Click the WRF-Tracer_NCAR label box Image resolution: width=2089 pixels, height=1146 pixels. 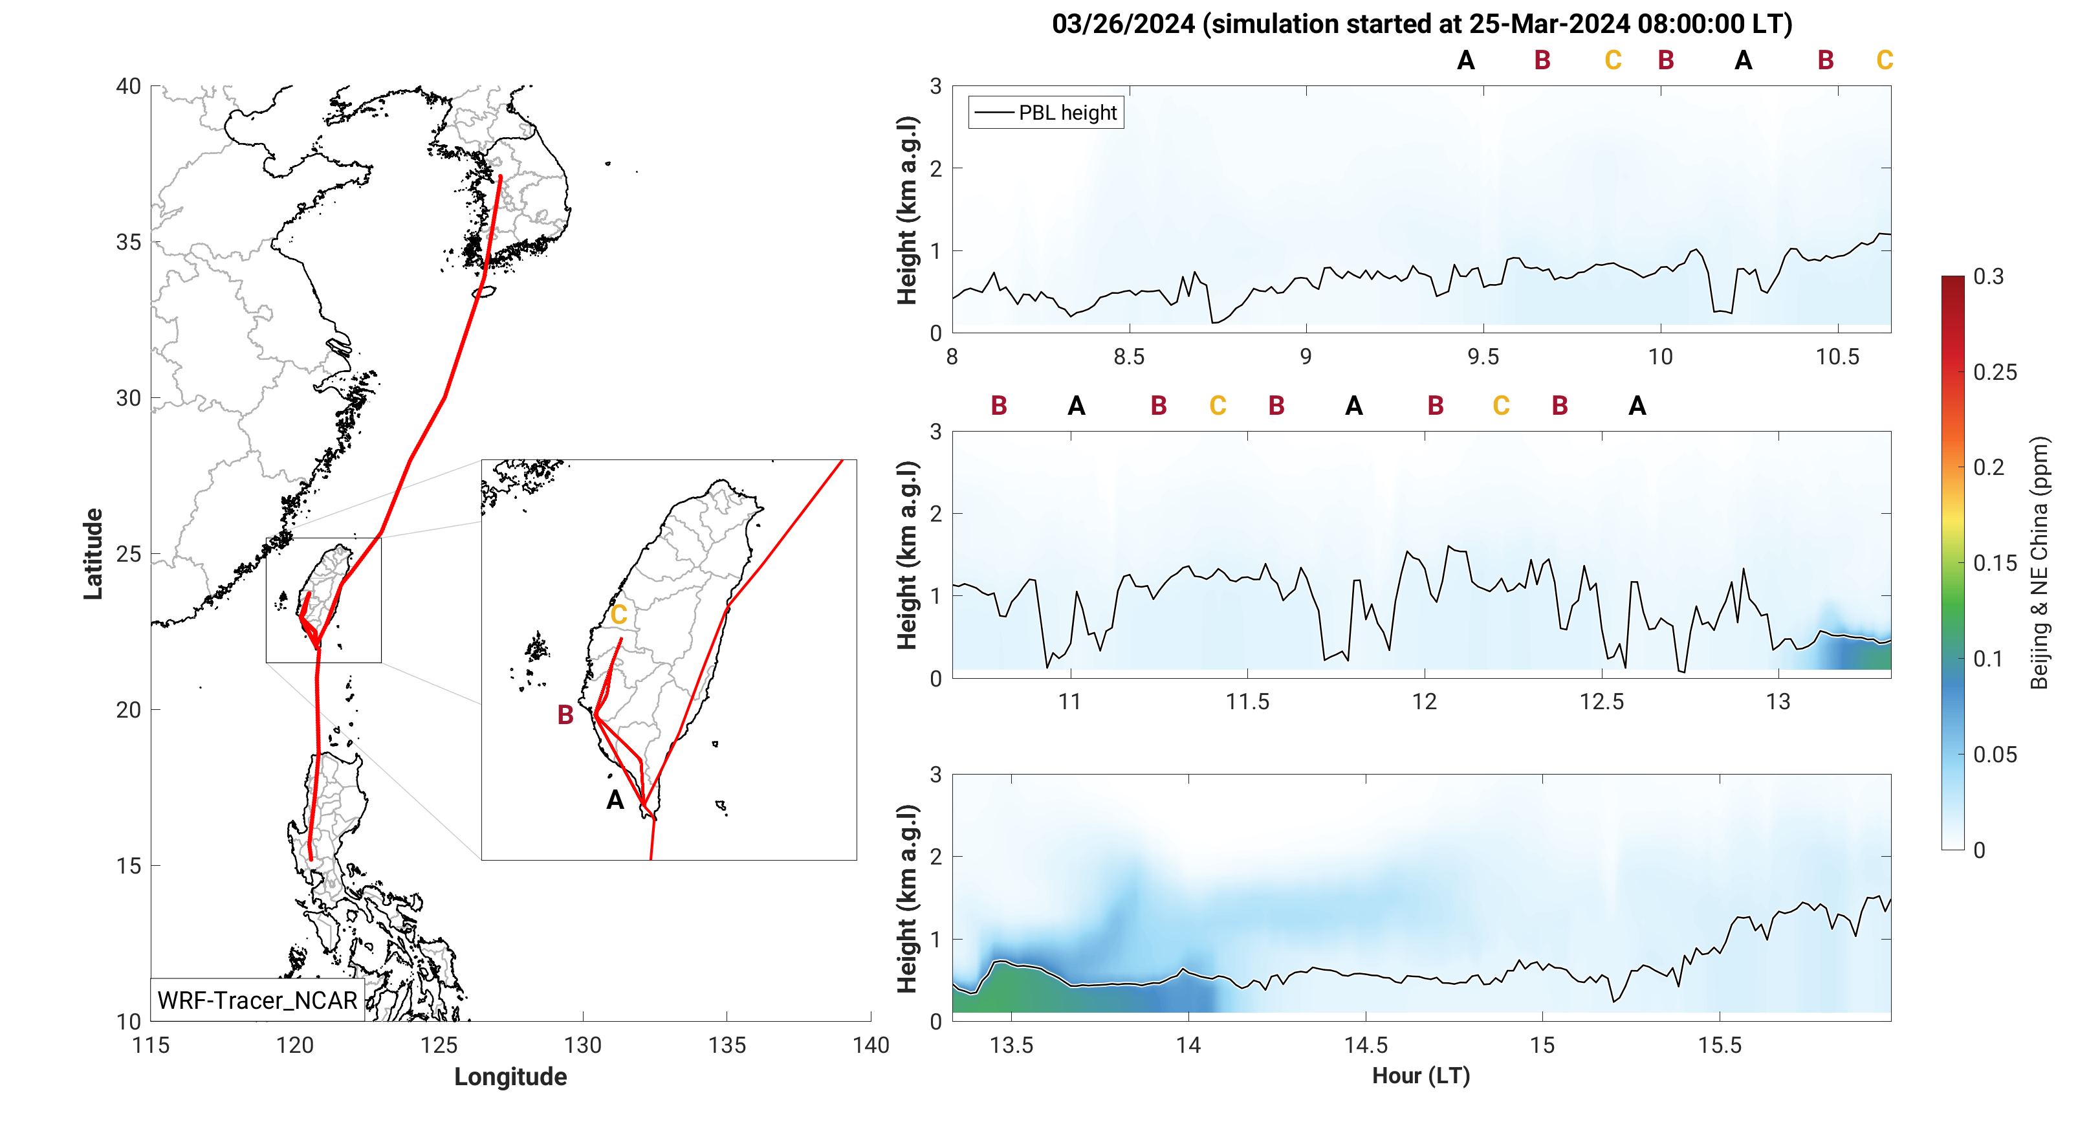coord(257,1000)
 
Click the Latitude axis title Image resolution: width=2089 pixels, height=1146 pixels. coord(93,554)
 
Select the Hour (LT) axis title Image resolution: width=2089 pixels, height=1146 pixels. coord(1421,1075)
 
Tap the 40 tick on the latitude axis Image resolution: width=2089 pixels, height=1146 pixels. coord(128,87)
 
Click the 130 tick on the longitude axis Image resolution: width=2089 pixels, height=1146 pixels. coord(582,1044)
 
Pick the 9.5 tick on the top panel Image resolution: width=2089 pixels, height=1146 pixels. coord(1483,357)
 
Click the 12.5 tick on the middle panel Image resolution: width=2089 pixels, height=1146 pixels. coord(1602,701)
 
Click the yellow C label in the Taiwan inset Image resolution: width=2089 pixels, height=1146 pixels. coord(618,615)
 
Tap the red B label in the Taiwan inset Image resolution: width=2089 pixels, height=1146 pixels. coord(565,714)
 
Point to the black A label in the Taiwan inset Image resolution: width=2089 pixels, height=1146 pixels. coord(615,800)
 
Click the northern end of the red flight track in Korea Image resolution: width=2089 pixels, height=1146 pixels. coord(500,176)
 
